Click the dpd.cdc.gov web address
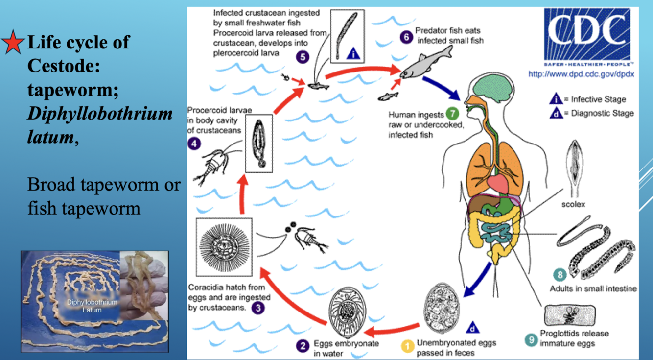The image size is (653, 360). [x=582, y=74]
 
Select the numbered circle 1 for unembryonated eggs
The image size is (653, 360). [x=408, y=346]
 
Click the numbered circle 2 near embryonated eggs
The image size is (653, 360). [x=303, y=346]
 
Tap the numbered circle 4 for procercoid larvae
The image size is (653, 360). [x=194, y=144]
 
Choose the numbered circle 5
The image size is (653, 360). [x=303, y=57]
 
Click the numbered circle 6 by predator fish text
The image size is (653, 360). [x=406, y=36]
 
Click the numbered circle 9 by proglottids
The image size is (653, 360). [x=530, y=339]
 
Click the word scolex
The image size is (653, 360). [x=573, y=204]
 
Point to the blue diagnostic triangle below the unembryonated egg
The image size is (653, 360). [x=473, y=328]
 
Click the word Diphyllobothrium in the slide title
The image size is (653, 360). [x=100, y=114]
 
